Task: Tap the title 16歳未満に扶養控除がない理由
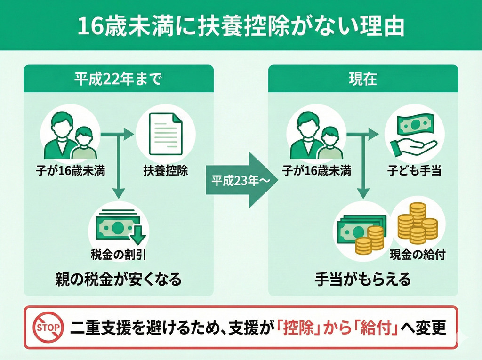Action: (241, 27)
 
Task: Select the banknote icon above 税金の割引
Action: (119, 225)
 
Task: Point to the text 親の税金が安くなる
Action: (118, 280)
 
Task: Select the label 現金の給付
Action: (418, 255)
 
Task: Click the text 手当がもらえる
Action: (363, 280)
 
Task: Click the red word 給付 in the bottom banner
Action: (376, 328)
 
